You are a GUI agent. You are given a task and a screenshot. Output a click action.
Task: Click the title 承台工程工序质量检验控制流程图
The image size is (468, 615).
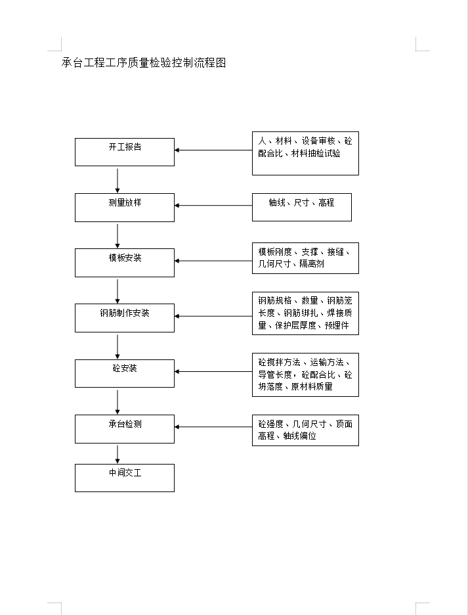pos(144,63)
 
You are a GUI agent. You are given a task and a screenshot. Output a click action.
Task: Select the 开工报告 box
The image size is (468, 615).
pos(125,152)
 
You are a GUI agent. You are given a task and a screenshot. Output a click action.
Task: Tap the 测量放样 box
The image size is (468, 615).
pos(125,208)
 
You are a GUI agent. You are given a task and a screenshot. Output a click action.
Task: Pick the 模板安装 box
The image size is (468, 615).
pos(125,263)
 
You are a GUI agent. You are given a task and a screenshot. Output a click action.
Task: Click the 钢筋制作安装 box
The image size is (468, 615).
pos(125,318)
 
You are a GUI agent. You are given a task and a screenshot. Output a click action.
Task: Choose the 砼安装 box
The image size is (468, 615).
pos(125,373)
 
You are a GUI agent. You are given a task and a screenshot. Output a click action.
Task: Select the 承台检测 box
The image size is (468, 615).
pos(125,429)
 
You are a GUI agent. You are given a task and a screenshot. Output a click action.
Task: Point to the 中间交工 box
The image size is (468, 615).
pos(125,478)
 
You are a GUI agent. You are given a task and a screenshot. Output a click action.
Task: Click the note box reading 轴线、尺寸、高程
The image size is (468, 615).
pos(302,207)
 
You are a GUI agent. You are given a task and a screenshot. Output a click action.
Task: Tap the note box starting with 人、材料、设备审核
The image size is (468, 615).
pos(305,153)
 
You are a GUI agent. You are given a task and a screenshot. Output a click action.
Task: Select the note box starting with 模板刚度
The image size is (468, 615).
pos(305,258)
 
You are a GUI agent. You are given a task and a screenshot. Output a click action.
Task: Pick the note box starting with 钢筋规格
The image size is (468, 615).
pos(305,313)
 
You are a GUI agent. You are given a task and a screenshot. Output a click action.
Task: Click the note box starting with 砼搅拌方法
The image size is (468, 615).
pos(305,375)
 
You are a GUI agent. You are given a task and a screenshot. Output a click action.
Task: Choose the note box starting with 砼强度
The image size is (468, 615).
pos(305,430)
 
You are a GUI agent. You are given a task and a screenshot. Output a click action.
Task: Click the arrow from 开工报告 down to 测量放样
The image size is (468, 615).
pos(117,181)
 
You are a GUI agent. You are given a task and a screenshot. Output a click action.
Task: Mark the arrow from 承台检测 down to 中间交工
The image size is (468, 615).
pos(117,454)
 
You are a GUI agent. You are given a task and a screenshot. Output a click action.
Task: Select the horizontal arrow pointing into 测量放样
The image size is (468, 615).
pos(213,206)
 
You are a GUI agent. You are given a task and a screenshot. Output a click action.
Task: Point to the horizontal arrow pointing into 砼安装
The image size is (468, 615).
pos(213,371)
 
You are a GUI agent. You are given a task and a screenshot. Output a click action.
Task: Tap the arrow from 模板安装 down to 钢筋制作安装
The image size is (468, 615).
pos(117,292)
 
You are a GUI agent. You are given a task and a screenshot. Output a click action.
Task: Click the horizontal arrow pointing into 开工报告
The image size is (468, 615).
pos(213,150)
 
